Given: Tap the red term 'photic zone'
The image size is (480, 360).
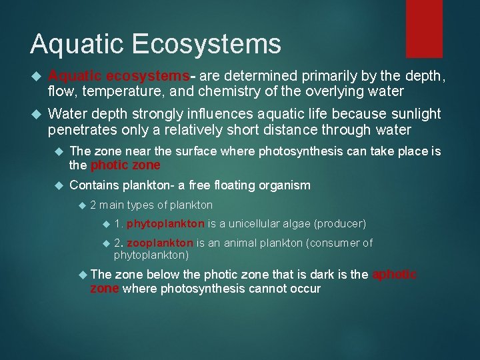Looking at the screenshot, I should point(125,165).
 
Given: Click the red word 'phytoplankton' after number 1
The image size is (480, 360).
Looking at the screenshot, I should point(165,223).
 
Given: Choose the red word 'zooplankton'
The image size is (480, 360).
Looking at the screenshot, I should point(160,243).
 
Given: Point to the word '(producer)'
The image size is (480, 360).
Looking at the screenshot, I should point(339,223).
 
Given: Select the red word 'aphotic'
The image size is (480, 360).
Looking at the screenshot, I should point(395,275).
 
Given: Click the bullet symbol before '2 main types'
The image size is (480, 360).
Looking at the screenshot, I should point(81,205).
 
